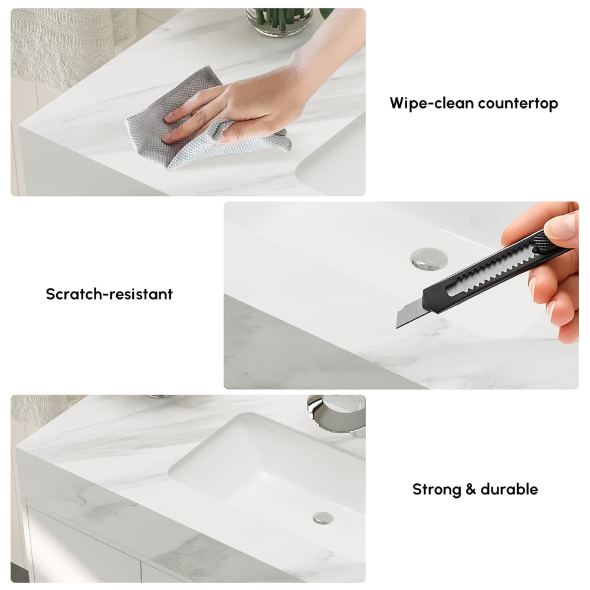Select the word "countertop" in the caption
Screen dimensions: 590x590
[x=518, y=104]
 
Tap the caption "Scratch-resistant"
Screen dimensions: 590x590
[x=109, y=294]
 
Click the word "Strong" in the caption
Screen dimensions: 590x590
[x=435, y=489]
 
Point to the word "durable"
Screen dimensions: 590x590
[x=509, y=489]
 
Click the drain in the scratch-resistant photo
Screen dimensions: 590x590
[x=427, y=258]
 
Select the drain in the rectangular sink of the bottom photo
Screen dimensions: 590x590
[x=322, y=518]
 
